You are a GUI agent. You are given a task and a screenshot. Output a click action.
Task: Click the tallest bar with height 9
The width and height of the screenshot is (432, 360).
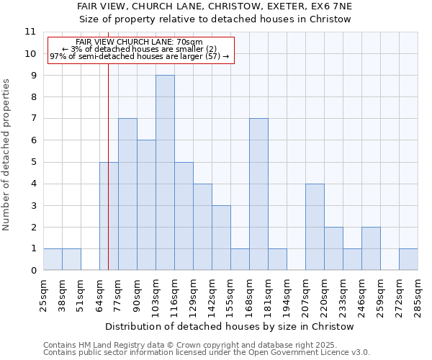165,173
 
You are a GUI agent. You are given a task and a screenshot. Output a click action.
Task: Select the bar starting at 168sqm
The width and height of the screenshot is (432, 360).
258,194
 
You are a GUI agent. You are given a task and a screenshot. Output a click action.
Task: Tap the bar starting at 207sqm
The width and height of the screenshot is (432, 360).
315,227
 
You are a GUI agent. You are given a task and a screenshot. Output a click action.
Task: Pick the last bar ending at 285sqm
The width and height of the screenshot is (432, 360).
408,259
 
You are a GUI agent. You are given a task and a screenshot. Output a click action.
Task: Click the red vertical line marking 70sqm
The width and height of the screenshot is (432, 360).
108,180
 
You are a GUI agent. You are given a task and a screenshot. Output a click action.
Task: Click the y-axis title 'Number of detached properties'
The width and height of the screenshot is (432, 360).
6,155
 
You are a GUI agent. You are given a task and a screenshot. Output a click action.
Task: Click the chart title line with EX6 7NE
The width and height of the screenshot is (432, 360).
214,6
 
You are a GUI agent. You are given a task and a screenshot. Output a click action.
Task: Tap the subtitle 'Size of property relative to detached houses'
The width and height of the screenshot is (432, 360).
214,19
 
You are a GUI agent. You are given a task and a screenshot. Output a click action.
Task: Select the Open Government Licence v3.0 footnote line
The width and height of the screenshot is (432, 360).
206,352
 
